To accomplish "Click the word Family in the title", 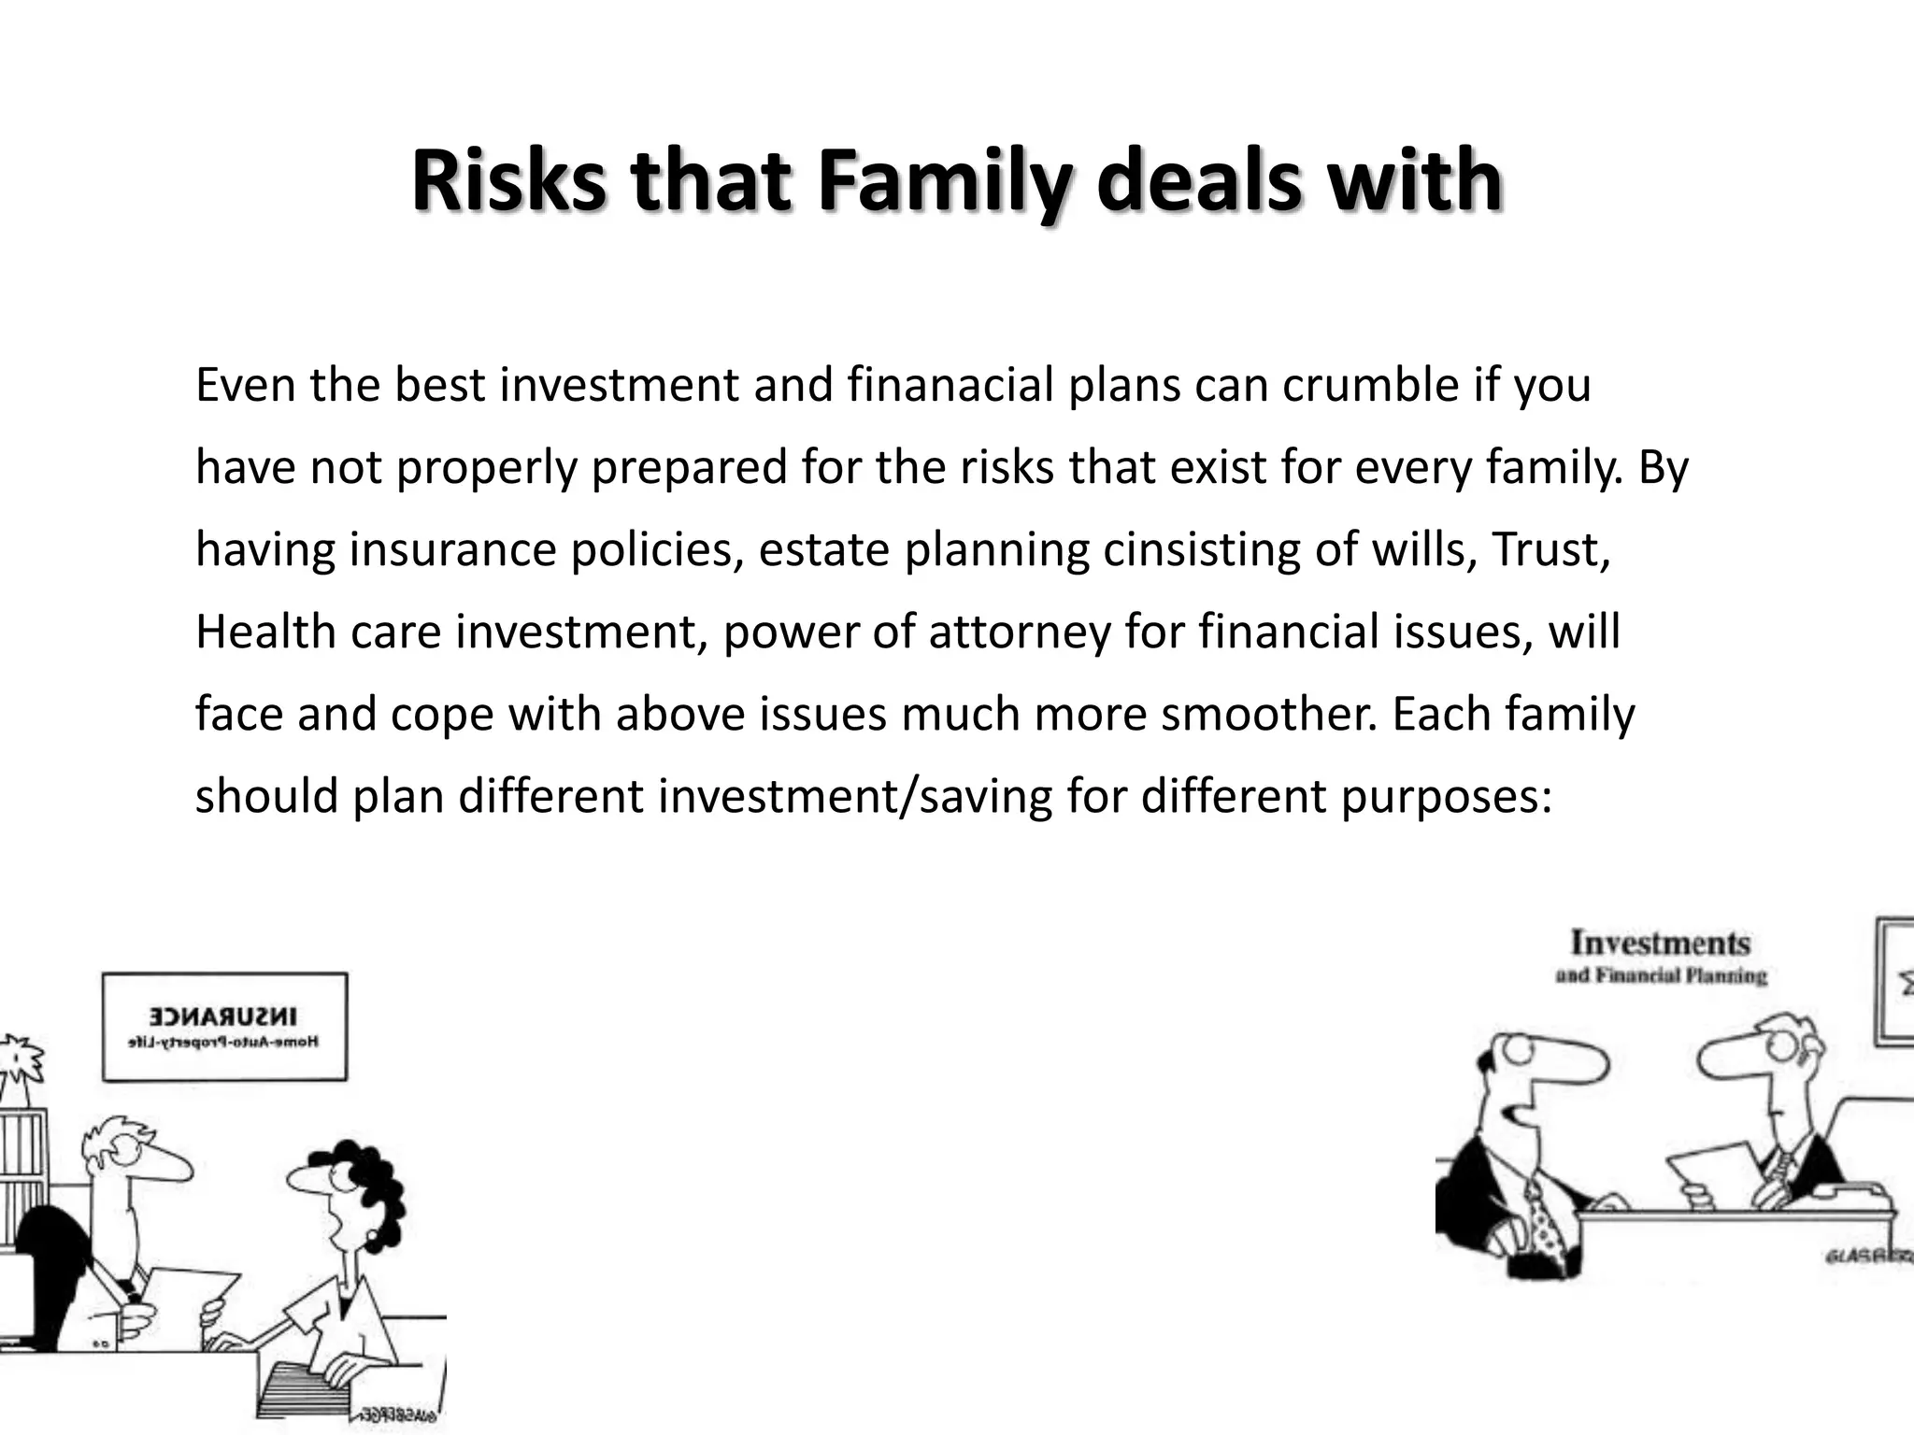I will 944,182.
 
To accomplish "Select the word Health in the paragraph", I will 265,632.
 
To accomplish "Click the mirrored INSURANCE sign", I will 224,1026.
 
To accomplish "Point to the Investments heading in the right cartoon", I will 1660,943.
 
